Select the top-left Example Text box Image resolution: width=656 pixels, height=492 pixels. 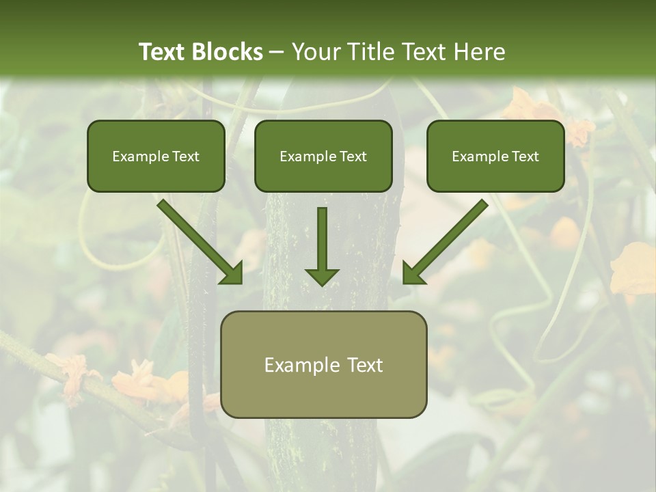[x=156, y=156]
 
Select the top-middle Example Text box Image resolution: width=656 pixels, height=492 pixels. [x=323, y=156]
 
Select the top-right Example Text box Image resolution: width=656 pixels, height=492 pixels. [x=495, y=156]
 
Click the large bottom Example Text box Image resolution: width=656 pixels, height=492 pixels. [x=323, y=365]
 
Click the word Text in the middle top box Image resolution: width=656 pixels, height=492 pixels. [x=352, y=156]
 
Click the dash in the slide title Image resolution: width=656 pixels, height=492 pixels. [x=277, y=53]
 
